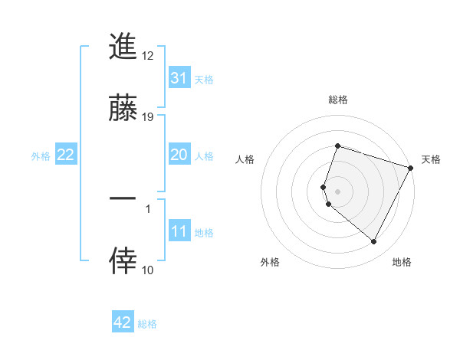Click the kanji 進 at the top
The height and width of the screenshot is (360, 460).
(x=123, y=47)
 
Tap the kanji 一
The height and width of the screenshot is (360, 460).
(x=123, y=198)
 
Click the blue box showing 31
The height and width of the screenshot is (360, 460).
(x=179, y=78)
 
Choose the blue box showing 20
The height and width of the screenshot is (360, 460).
(x=179, y=155)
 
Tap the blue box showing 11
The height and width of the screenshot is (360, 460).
(x=179, y=231)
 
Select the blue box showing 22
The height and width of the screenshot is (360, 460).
(x=66, y=155)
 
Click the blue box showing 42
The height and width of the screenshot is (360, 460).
(x=123, y=322)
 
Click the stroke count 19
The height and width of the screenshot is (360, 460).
(x=149, y=116)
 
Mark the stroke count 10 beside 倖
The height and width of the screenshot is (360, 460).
(x=148, y=270)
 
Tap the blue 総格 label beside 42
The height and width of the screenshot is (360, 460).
(x=147, y=324)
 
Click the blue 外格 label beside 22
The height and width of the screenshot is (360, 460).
(x=41, y=156)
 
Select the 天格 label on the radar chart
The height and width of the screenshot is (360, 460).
(x=431, y=159)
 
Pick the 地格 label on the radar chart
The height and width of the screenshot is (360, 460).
(x=402, y=262)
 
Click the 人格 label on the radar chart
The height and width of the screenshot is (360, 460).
(x=245, y=159)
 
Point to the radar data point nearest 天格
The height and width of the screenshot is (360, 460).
(x=411, y=167)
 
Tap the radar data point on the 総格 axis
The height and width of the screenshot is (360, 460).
(x=337, y=146)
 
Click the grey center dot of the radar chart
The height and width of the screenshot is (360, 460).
(x=337, y=191)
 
